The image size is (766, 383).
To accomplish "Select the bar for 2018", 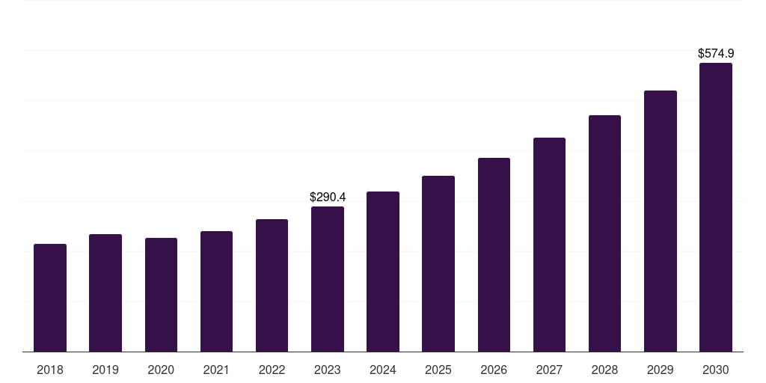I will (50, 298).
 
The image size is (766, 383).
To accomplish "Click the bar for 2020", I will (161, 295).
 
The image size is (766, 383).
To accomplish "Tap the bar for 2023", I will (328, 279).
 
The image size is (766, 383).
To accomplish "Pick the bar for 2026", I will (494, 254).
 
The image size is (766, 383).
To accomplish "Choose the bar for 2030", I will (716, 207).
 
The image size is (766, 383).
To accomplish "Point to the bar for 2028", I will (604, 233).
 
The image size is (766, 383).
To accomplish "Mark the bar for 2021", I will (216, 292).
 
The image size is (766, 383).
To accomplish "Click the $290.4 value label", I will (328, 197).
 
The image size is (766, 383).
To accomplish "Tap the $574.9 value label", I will (716, 54).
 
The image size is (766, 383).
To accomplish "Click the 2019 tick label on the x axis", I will (105, 370).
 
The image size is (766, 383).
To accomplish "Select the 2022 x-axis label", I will (272, 370).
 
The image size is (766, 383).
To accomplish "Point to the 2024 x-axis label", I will (383, 370).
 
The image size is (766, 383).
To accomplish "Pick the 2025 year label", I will (438, 370).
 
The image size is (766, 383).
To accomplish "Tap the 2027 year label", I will (549, 370).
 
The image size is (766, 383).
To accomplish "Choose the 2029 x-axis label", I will (660, 370).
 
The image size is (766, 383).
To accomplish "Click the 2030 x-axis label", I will (716, 370).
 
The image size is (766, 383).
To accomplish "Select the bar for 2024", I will (383, 272).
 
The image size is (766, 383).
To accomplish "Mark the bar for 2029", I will (660, 221).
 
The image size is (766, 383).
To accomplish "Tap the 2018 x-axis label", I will (50, 370).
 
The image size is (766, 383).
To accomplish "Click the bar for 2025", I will (438, 263).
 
